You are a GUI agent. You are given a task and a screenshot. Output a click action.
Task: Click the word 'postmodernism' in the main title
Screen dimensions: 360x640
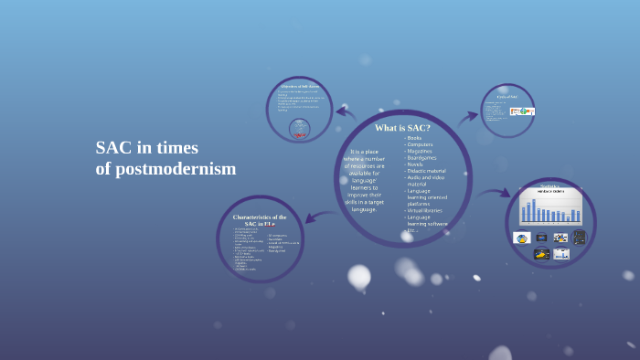click(176, 169)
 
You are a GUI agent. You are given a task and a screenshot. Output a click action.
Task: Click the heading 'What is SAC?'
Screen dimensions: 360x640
click(402, 128)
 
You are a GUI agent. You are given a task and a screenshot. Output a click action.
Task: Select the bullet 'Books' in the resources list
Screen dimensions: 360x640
click(414, 138)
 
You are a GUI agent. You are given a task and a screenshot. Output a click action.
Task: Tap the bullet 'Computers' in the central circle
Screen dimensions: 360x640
click(421, 144)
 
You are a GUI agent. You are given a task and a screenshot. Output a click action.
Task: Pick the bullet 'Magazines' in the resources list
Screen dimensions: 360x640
click(421, 151)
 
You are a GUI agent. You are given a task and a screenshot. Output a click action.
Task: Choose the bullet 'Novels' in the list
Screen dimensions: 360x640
click(416, 164)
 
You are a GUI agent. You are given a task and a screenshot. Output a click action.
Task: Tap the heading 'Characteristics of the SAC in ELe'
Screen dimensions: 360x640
click(260, 220)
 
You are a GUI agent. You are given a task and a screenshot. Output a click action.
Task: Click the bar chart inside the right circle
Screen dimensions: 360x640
click(550, 207)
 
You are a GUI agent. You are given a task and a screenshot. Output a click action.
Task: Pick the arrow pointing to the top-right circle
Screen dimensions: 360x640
click(468, 117)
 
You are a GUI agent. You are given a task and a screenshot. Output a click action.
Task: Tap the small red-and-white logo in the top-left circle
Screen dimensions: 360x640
click(300, 129)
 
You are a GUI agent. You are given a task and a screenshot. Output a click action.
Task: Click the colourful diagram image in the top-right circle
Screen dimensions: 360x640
click(522, 111)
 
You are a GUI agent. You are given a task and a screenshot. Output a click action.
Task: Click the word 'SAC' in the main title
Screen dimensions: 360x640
click(113, 148)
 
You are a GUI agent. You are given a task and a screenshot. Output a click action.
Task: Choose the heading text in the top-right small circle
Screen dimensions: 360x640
click(507, 96)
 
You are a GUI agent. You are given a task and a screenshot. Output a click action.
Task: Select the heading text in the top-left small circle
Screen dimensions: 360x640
click(300, 87)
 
